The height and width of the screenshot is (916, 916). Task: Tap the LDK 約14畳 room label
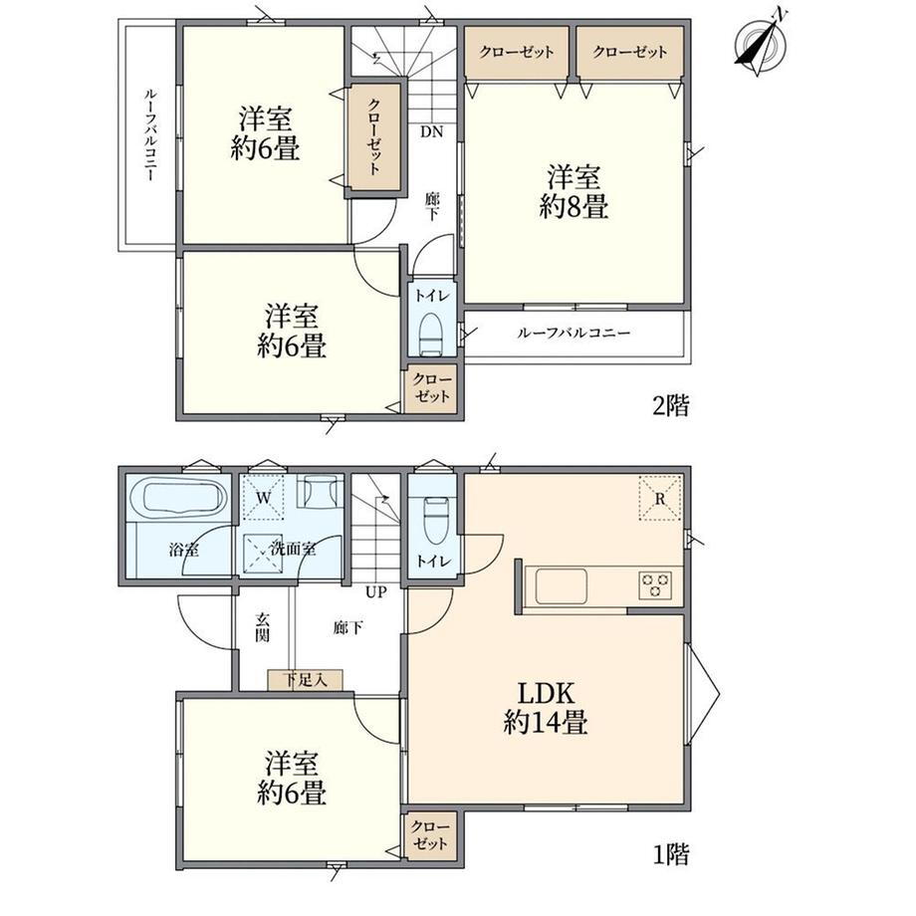(x=545, y=708)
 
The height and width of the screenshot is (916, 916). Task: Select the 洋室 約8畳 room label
(x=573, y=191)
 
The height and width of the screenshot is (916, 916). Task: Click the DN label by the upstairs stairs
(x=432, y=132)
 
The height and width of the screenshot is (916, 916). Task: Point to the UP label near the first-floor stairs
(x=376, y=591)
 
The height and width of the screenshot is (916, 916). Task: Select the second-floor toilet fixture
(x=432, y=334)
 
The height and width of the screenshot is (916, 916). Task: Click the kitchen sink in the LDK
(x=562, y=586)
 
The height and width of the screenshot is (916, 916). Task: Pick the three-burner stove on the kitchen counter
(x=655, y=584)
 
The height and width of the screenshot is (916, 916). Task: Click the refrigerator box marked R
(x=660, y=498)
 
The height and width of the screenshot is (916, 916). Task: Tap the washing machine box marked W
(x=264, y=498)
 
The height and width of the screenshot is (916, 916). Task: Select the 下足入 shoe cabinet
(x=305, y=680)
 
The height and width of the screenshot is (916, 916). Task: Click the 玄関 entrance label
(x=262, y=627)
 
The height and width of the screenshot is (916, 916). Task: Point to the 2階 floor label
(x=671, y=405)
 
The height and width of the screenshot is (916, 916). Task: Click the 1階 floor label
(x=671, y=854)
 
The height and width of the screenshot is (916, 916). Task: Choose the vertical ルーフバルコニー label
(x=150, y=134)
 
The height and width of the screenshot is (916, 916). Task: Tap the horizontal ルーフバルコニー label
(x=573, y=333)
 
